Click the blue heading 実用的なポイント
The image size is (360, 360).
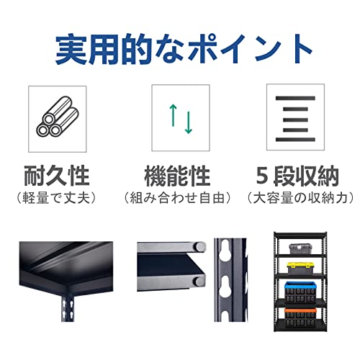[184, 49]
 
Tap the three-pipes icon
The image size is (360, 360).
[58, 117]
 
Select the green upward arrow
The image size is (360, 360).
[173, 115]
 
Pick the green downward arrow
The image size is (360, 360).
[189, 122]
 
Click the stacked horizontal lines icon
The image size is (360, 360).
[295, 119]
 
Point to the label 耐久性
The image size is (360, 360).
[57, 176]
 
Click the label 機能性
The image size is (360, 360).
[177, 176]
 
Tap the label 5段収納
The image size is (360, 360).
[297, 176]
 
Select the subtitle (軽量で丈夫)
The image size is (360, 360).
[57, 198]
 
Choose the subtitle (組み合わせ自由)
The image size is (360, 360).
[177, 198]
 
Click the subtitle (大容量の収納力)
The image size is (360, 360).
[300, 198]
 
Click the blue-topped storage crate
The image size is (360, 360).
[300, 292]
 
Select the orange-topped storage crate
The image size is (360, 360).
[300, 318]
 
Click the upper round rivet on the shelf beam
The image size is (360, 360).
[199, 246]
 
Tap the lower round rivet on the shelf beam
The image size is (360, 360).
[199, 281]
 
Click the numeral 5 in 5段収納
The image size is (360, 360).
[262, 176]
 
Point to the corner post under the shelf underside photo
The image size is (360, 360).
[68, 307]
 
